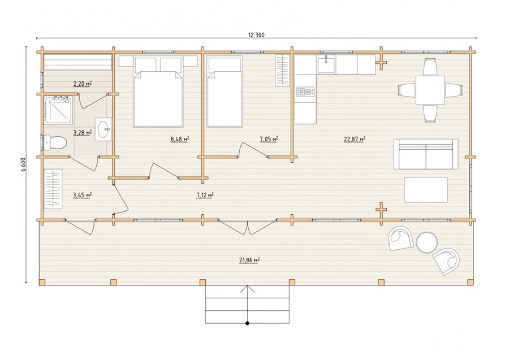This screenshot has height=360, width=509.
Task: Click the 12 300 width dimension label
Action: [256, 35]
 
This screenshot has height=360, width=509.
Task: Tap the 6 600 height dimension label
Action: [24, 164]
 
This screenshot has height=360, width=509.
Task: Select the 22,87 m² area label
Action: [355, 140]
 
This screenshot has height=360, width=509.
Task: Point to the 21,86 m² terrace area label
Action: [249, 260]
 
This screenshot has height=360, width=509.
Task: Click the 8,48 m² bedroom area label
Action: [180, 140]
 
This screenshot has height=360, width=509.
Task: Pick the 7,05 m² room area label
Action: [269, 140]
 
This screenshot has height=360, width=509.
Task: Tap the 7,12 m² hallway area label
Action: [205, 195]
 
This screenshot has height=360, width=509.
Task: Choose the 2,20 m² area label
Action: [83, 84]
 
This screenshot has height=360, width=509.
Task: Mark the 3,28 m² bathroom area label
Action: [83, 132]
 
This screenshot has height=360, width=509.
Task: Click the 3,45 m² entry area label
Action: [82, 195]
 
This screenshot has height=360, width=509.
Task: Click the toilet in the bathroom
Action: [55, 142]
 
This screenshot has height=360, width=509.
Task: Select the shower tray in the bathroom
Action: [58, 110]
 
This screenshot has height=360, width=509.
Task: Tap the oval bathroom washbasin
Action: [103, 129]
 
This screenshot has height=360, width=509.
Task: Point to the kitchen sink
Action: [326, 64]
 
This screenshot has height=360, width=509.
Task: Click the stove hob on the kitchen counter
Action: [305, 92]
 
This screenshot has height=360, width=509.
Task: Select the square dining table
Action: [430, 90]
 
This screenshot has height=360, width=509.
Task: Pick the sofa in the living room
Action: [426, 154]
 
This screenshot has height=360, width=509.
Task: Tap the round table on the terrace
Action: [427, 242]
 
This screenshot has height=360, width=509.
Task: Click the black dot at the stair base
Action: [247, 323]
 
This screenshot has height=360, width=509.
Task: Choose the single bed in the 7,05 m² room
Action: [225, 92]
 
